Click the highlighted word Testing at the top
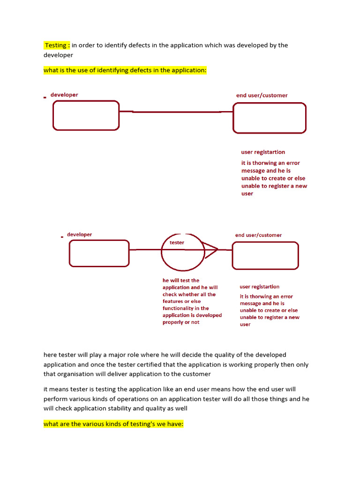click(x=56, y=45)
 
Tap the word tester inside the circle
click(x=177, y=243)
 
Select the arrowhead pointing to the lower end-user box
click(x=212, y=250)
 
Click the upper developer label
click(x=64, y=95)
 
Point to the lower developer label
click(x=79, y=234)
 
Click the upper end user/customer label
click(x=262, y=95)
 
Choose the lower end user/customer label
click(x=258, y=235)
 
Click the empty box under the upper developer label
click(x=86, y=115)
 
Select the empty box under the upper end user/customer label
click(x=270, y=118)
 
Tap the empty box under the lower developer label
click(x=99, y=253)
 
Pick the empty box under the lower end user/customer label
click(x=265, y=255)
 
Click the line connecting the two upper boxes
click(x=176, y=112)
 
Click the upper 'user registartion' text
click(x=263, y=152)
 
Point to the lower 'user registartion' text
click(x=259, y=287)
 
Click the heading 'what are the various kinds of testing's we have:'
click(x=113, y=424)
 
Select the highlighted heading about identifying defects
click(x=125, y=70)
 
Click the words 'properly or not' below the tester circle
click(x=181, y=322)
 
